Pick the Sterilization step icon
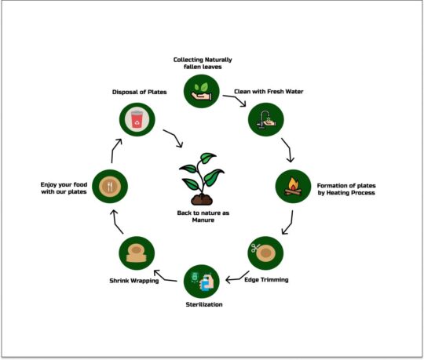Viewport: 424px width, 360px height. click(x=201, y=280)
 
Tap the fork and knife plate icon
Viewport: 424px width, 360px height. click(x=108, y=187)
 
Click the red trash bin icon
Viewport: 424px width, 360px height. click(x=136, y=120)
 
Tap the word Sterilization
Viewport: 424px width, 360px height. click(x=201, y=304)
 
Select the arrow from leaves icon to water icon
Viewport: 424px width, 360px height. click(x=233, y=98)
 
